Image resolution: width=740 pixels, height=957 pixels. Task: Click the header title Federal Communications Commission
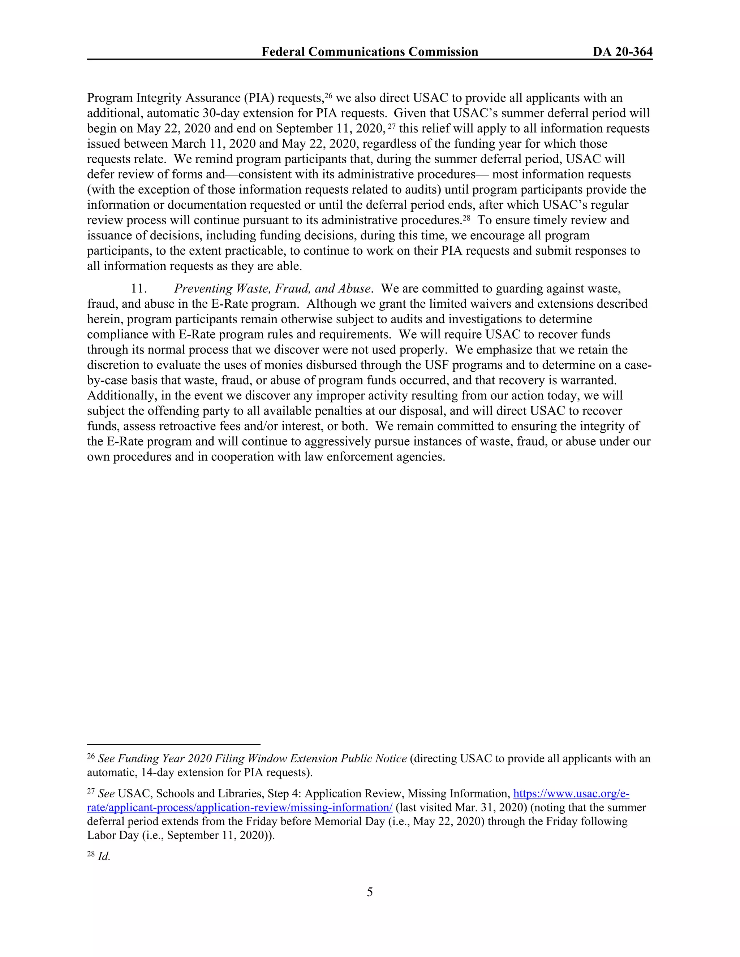tap(370, 52)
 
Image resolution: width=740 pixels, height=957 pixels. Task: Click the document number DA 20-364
tap(623, 52)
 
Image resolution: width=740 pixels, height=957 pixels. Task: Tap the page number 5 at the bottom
tap(370, 892)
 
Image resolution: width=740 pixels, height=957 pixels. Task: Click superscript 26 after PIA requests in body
tap(329, 95)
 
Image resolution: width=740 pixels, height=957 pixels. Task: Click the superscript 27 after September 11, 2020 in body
tap(392, 126)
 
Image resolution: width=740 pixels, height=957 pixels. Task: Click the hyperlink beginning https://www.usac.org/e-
tap(571, 793)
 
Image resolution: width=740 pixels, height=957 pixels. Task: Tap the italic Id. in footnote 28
tap(104, 857)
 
